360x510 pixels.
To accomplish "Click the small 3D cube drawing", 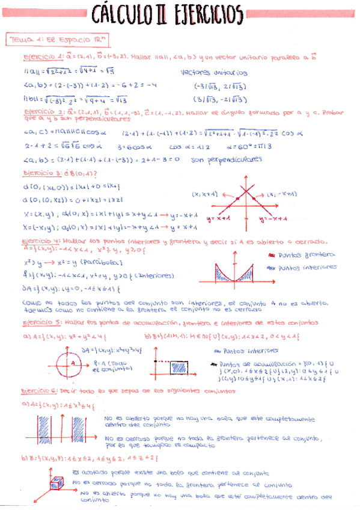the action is (57, 481).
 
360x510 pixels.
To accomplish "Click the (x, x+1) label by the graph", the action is (206, 194).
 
